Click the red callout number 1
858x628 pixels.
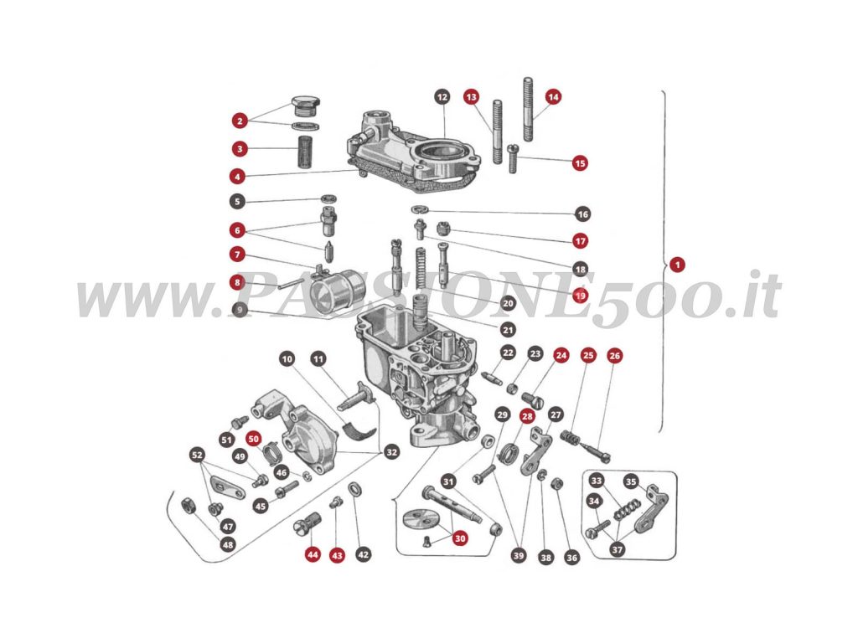pos(678,264)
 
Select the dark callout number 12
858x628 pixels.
pos(442,97)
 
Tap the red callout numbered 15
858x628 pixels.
pos(580,163)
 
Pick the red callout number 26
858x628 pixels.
pos(614,356)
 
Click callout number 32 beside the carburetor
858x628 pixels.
pos(391,452)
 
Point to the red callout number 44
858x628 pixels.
pos(313,554)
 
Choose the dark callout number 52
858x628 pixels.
pos(198,455)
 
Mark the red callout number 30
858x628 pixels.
pos(460,539)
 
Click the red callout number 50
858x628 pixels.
pos(254,438)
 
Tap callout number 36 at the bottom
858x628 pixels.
pos(572,557)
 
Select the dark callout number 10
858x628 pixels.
pos(287,359)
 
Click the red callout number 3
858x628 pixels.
pos(239,150)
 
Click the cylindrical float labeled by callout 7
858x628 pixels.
pos(338,290)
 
